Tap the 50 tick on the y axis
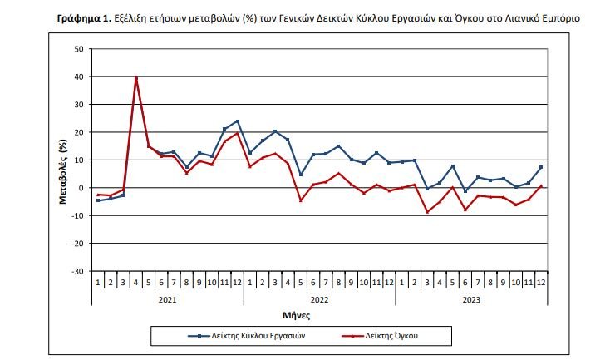[78, 49]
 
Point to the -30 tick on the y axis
[76, 271]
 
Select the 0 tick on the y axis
[81, 188]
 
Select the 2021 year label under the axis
[167, 298]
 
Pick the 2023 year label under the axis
[471, 298]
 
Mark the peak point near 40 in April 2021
[136, 78]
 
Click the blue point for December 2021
[238, 121]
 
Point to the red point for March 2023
[427, 212]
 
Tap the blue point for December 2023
[541, 167]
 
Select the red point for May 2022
[301, 200]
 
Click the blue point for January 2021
[98, 200]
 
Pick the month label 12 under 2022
[389, 283]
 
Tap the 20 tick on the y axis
[78, 132]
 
